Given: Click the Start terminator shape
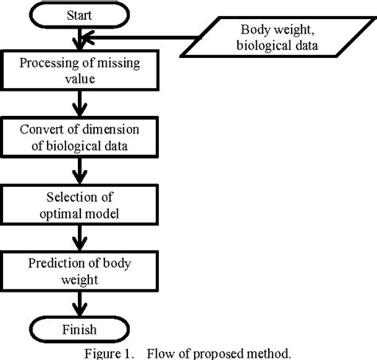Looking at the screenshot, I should click(x=78, y=14).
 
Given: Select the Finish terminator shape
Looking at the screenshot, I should click(x=78, y=328).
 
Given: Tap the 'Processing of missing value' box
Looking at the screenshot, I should click(x=78, y=70).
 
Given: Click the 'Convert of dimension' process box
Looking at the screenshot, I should click(x=78, y=137).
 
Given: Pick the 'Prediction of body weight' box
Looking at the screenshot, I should click(x=78, y=270).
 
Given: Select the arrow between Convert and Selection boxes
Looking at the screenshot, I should click(x=78, y=169).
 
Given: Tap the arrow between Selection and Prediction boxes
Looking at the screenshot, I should click(x=78, y=236).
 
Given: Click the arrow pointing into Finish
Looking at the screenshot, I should click(x=78, y=303).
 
